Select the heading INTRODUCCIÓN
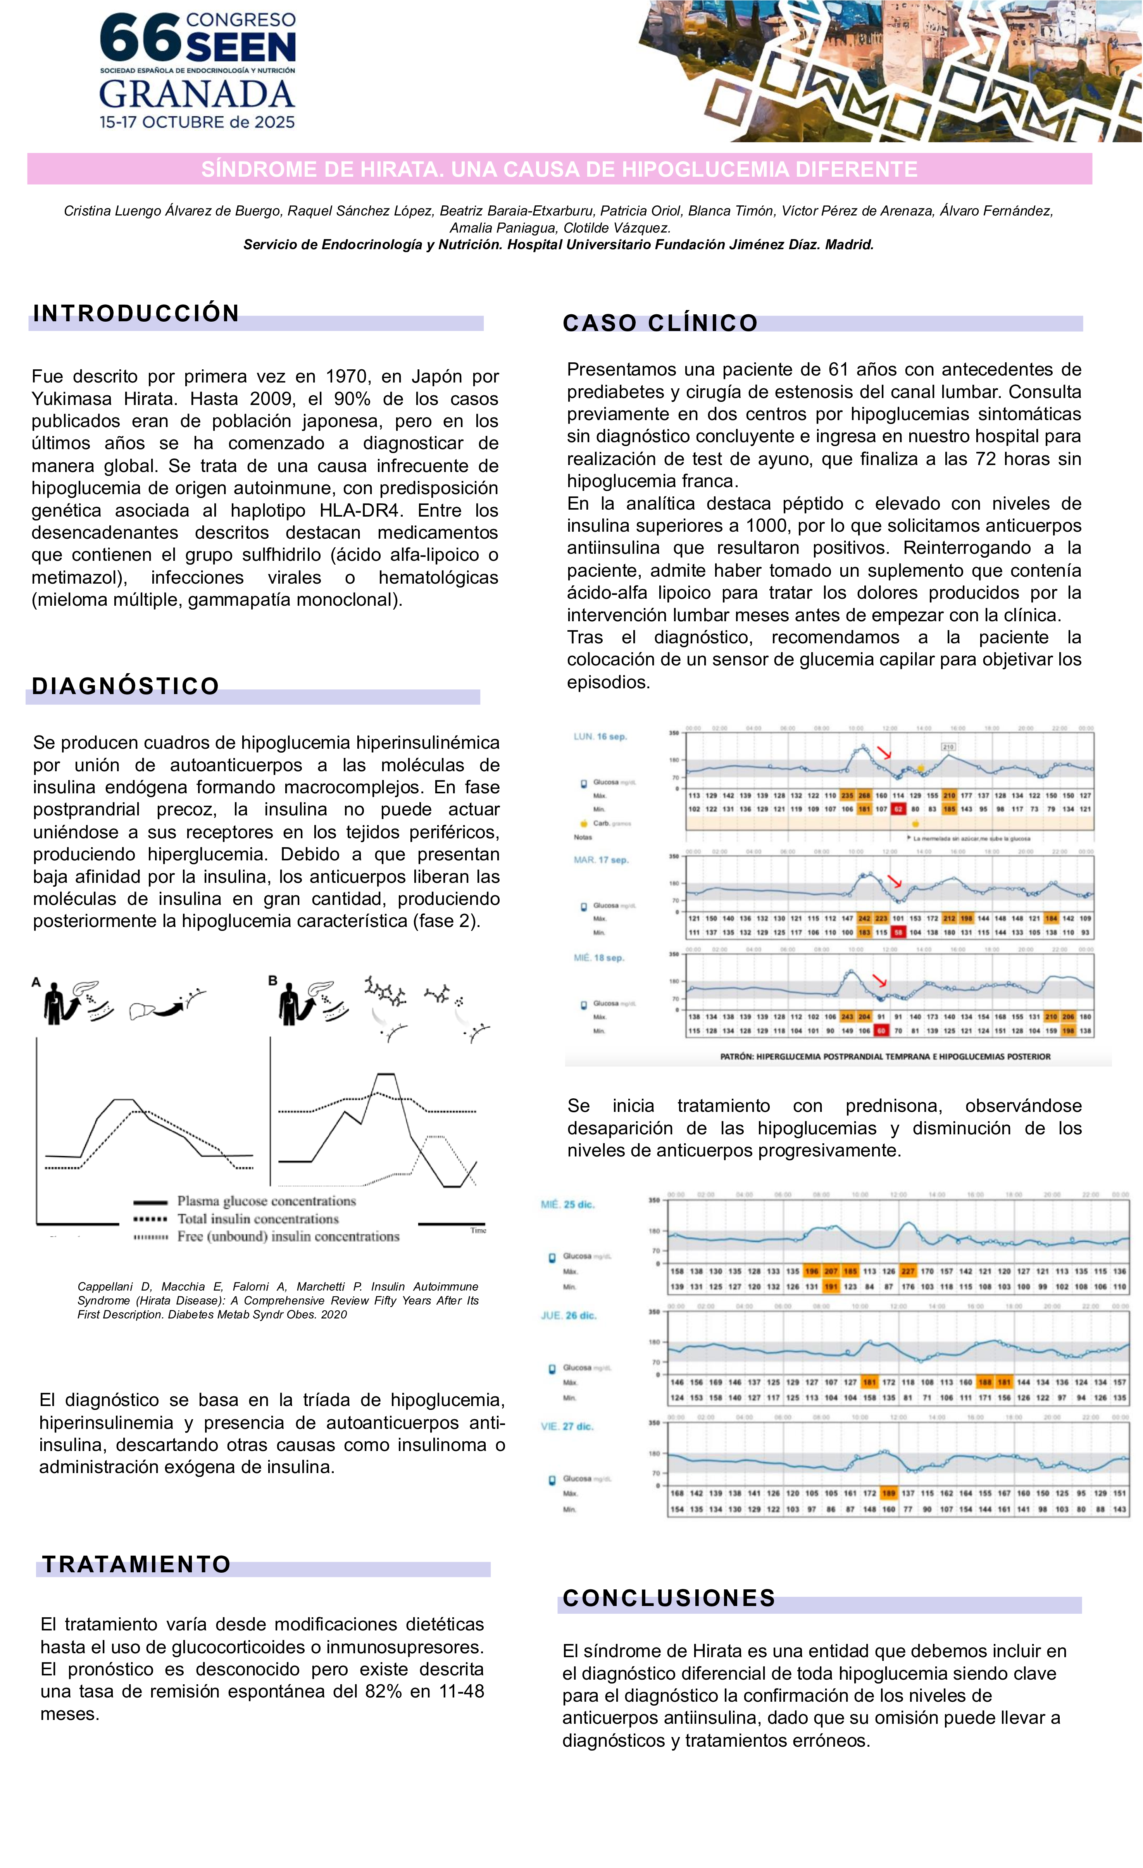[136, 313]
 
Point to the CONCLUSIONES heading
[669, 1598]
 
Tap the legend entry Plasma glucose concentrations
[266, 1201]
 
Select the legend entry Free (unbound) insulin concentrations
[288, 1237]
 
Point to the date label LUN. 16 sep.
[600, 736]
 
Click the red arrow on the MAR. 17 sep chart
[895, 881]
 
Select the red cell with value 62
[898, 809]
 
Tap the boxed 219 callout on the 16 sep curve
[948, 747]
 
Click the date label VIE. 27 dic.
[567, 1426]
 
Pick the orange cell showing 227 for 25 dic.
[907, 1271]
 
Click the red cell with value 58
[898, 932]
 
